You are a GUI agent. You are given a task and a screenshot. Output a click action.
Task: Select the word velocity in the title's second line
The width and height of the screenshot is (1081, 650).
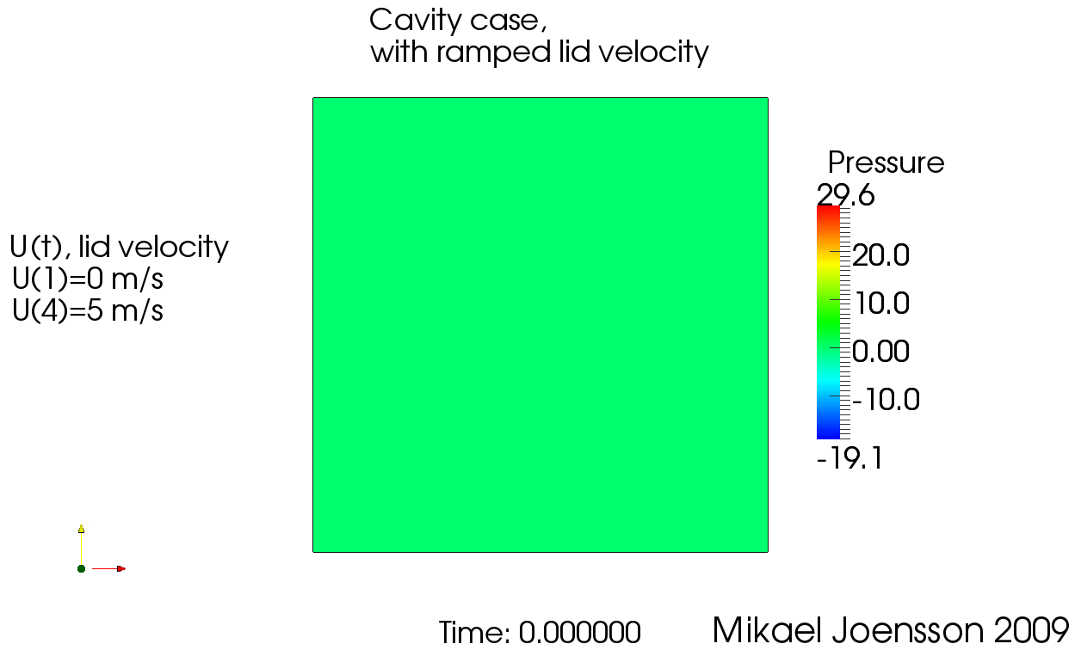click(653, 52)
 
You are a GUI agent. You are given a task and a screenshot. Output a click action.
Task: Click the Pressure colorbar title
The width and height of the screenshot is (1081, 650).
click(886, 162)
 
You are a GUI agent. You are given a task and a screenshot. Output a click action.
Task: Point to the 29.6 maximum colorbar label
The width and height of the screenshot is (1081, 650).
click(845, 195)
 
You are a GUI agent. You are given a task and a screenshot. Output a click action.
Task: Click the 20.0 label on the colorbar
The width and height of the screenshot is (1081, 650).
click(880, 255)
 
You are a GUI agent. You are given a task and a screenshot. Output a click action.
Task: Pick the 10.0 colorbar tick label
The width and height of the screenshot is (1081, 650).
click(882, 304)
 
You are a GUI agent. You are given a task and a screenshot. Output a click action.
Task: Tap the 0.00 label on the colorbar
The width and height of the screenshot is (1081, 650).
click(880, 351)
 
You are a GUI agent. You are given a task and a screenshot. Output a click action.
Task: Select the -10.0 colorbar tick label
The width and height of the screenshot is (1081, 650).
click(886, 400)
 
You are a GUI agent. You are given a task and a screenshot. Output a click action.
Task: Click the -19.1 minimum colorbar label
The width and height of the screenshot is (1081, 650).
click(849, 457)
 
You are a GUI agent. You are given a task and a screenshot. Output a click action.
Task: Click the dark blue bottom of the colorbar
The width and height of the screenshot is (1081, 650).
click(828, 434)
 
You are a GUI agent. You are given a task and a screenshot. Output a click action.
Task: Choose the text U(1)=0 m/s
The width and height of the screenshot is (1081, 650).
click(88, 279)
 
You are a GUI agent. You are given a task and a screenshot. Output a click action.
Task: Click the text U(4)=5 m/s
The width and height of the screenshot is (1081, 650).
click(88, 310)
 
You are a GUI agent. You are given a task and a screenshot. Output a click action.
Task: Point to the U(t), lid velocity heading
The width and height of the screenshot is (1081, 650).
click(119, 248)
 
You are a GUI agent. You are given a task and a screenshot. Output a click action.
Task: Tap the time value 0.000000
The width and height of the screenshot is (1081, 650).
click(579, 632)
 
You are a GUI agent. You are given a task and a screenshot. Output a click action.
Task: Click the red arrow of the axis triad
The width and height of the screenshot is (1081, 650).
click(108, 569)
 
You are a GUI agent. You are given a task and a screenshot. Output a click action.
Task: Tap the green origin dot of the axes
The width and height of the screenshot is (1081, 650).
click(81, 569)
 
